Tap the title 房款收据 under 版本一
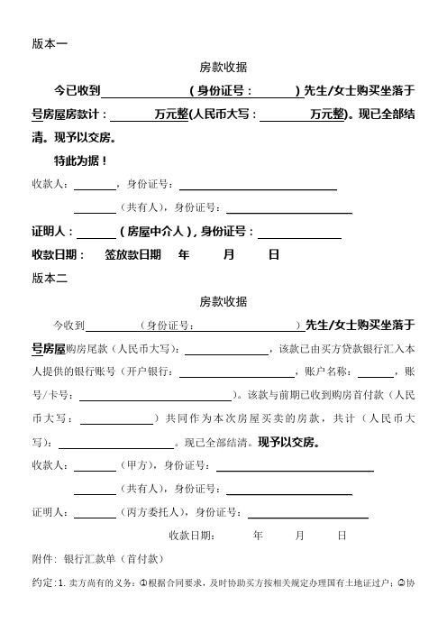point(223,67)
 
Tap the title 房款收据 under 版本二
point(223,302)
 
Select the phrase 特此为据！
point(81,161)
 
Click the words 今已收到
point(78,91)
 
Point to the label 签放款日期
point(133,255)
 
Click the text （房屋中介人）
point(158,232)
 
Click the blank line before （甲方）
point(94,466)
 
